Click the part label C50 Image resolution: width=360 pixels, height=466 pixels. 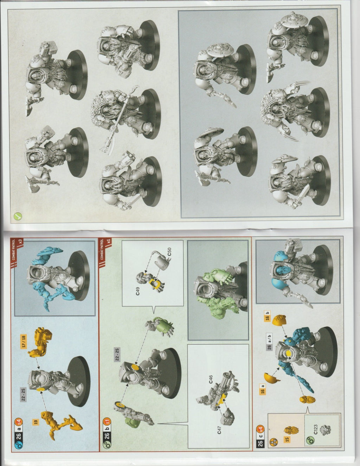pyautogui.click(x=169, y=252)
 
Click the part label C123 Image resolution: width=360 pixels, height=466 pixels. pyautogui.click(x=316, y=429)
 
